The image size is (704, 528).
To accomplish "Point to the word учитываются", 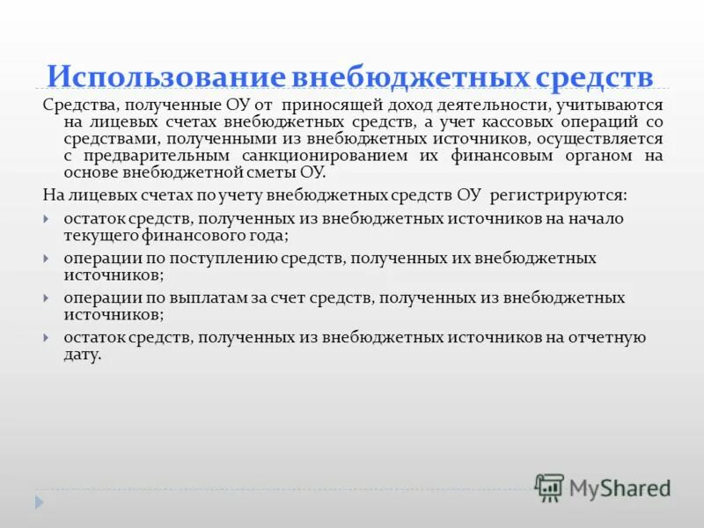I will [x=611, y=105].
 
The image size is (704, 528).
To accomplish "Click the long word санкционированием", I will [x=300, y=156].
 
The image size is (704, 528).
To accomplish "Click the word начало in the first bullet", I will [x=599, y=218].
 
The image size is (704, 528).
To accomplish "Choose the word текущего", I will [x=98, y=235].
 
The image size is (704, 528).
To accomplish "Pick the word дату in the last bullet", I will [x=82, y=355].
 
